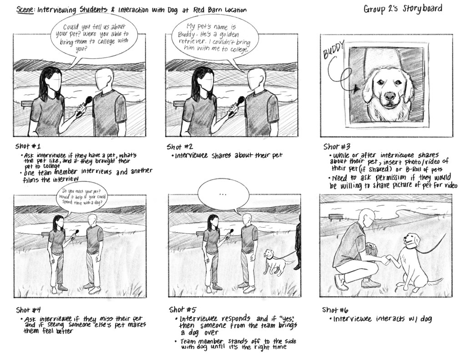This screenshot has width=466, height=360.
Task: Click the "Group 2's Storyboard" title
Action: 402,9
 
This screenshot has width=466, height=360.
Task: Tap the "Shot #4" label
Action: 29,310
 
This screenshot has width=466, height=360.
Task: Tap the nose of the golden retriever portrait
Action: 389,96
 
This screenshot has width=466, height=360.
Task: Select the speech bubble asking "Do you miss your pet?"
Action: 78,197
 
